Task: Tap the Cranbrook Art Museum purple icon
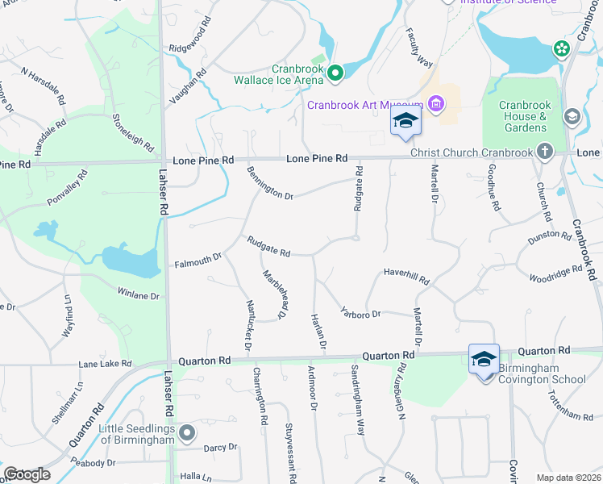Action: pos(436,103)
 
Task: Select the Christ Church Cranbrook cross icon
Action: pos(545,152)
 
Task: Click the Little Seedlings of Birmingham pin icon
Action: pos(187,433)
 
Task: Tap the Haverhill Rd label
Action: pos(406,276)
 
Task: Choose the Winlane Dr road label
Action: pos(139,294)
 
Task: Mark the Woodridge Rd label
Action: pos(555,273)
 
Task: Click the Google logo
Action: pos(27,474)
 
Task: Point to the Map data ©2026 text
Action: pos(568,478)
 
